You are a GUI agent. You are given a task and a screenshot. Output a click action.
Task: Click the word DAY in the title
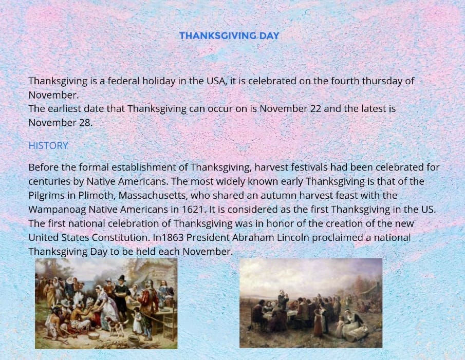click(269, 36)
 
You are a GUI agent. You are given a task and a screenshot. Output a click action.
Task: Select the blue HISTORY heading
click(48, 145)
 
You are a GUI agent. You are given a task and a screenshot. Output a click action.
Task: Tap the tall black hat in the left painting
click(121, 278)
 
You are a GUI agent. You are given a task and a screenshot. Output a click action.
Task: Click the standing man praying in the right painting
click(283, 301)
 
